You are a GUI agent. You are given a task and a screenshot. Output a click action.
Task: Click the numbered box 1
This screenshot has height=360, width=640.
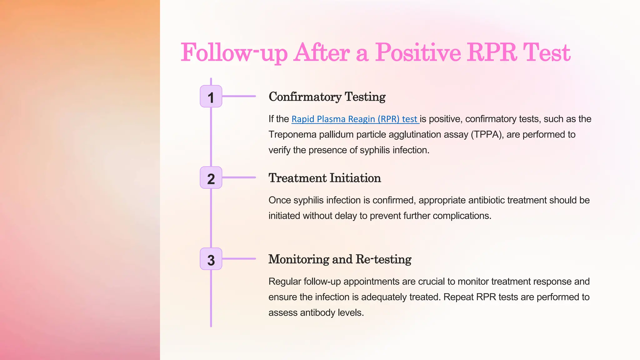[x=211, y=96]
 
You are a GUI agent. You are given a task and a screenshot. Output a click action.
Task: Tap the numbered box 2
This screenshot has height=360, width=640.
[x=211, y=177]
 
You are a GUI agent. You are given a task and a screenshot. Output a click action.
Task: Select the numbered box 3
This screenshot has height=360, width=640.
[x=211, y=259]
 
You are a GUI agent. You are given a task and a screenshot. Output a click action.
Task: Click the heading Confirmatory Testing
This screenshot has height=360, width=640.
[x=327, y=97]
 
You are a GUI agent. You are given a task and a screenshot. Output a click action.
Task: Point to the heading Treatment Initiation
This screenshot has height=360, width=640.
[x=325, y=178]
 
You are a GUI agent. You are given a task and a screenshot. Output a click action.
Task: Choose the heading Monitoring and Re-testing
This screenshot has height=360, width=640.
[x=340, y=259]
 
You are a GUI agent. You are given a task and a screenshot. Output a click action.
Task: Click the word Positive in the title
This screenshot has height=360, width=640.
[x=418, y=52]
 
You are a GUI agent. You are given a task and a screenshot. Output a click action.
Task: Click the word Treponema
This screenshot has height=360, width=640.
[x=292, y=135]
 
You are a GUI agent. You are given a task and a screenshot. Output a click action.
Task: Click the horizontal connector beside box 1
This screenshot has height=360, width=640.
[x=239, y=96]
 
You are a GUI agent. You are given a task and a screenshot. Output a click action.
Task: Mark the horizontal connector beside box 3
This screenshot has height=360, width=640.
[x=239, y=259]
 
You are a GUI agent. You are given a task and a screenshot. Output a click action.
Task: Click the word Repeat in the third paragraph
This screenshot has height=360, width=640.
[x=458, y=297]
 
